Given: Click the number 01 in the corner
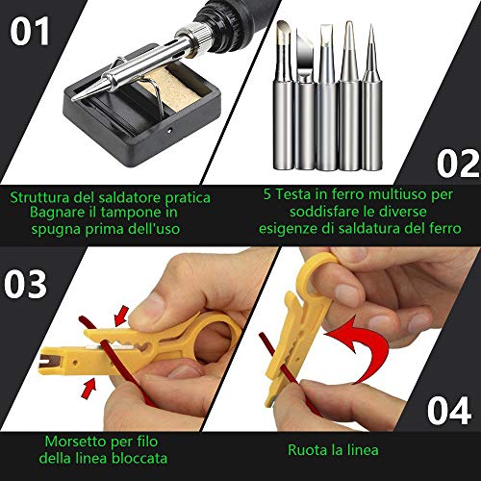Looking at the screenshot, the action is click(30, 31).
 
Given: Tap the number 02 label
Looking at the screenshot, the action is click(459, 164).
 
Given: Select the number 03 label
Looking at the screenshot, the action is click(25, 284).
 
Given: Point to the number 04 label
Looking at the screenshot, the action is click(449, 411).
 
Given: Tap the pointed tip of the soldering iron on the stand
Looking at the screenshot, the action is click(73, 98).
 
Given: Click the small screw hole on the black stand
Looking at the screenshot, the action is click(170, 131).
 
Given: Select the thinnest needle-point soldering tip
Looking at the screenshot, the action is click(372, 96).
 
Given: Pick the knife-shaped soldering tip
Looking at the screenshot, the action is click(305, 99).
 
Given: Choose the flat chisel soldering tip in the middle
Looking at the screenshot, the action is click(327, 96).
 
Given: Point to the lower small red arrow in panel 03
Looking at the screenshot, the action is click(89, 389).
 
